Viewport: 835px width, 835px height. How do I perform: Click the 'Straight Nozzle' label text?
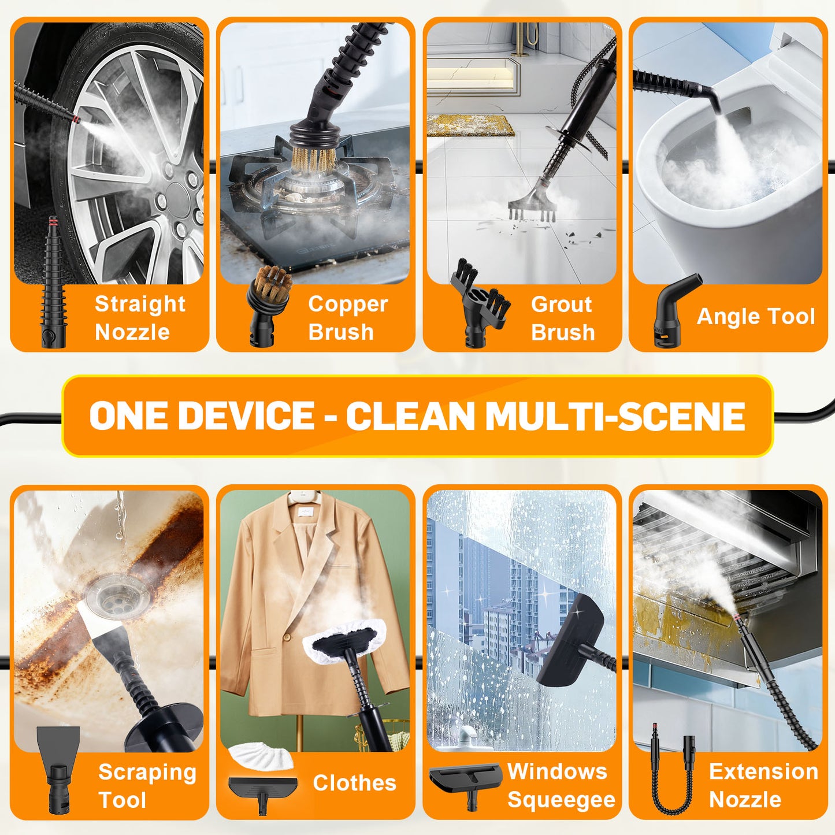[x=139, y=318]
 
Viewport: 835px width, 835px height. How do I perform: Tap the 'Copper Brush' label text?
[x=347, y=318]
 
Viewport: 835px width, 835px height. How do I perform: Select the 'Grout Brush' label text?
[x=562, y=318]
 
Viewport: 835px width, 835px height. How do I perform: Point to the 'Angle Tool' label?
[x=755, y=317]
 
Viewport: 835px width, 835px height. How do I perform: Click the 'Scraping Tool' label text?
[x=147, y=786]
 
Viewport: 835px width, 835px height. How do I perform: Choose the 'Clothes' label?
[x=354, y=783]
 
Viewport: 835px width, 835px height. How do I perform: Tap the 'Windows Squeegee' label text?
[x=561, y=785]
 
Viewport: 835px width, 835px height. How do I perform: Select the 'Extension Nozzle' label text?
[x=763, y=785]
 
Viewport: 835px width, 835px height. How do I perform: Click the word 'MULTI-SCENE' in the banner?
[x=615, y=416]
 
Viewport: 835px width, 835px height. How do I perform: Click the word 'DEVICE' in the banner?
[x=246, y=415]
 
